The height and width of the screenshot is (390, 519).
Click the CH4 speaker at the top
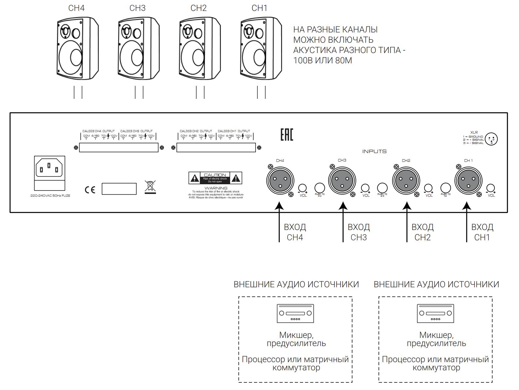tap(78, 48)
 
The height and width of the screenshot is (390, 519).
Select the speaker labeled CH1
tap(261, 48)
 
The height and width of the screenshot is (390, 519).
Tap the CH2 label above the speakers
tap(199, 8)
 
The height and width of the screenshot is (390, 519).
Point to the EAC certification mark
tap(287, 135)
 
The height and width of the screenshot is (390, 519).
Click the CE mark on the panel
tap(90, 190)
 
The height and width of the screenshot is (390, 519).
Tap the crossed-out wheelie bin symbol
tap(150, 187)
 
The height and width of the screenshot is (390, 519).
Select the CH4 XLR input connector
tap(280, 181)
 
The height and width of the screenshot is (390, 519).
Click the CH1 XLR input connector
tap(468, 181)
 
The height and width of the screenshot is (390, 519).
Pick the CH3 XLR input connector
tap(342, 181)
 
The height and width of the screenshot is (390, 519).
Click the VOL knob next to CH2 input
tap(428, 188)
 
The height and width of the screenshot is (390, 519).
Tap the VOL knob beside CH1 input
tap(491, 188)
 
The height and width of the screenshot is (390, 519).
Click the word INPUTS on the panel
tap(374, 151)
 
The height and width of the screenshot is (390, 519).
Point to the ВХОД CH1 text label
tap(482, 232)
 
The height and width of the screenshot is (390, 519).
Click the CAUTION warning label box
tap(215, 178)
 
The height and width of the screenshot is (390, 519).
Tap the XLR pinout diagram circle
tap(491, 139)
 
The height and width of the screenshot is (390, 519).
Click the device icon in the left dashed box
tap(295, 313)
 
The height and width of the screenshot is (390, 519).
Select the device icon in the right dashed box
tap(435, 313)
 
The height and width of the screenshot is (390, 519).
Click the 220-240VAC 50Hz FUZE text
tap(50, 196)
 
